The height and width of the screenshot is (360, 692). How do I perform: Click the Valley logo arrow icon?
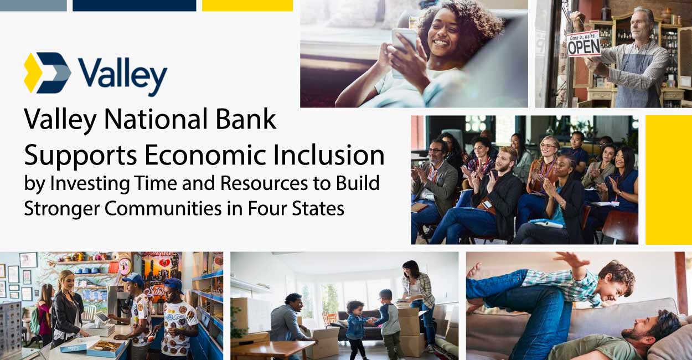point(48,73)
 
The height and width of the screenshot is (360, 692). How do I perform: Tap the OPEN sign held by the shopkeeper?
point(583,44)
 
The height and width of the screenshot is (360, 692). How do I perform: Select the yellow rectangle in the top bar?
point(247,6)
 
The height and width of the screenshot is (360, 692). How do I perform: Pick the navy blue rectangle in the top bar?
point(134,6)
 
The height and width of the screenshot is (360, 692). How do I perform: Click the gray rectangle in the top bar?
point(33,6)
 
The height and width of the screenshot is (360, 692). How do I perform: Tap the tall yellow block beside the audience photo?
point(668,179)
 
